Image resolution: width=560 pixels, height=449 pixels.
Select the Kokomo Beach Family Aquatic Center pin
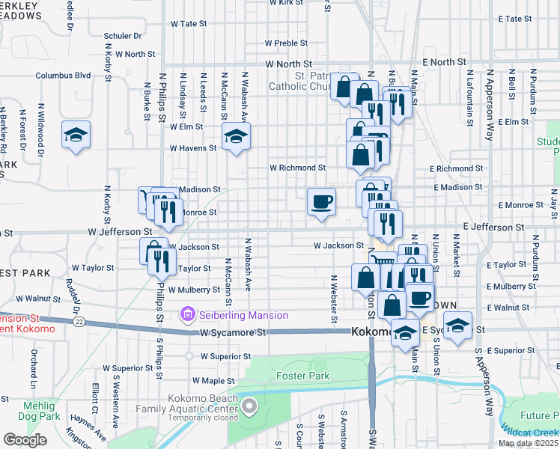tap(249, 408)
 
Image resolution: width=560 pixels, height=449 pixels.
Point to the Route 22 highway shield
tap(79, 321)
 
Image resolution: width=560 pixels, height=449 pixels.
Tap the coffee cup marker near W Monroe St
tap(322, 202)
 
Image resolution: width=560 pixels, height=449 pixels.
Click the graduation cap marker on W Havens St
tap(236, 137)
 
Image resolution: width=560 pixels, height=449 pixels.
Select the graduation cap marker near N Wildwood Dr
tap(76, 135)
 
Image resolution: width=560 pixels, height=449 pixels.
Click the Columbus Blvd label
tap(63, 75)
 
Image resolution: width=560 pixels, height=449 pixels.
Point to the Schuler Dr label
tap(123, 35)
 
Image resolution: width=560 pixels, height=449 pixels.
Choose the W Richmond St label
tap(298, 168)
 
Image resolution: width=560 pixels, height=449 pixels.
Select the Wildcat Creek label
tap(532, 433)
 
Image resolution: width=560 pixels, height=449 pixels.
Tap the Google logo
tap(25, 440)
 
